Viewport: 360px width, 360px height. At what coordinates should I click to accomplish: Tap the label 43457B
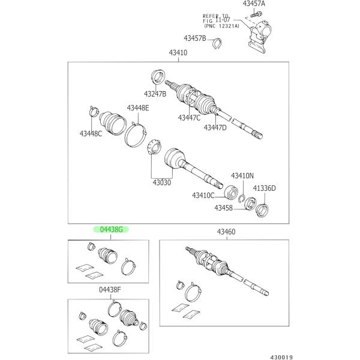point(195,38)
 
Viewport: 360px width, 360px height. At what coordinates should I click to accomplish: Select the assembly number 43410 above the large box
point(178,53)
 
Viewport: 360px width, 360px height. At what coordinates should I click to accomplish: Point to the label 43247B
point(155,94)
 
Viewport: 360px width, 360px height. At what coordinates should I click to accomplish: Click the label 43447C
point(189,118)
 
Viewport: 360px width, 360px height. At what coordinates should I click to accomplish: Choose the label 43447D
point(215,127)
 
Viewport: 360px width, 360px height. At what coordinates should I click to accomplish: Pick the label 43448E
point(137,108)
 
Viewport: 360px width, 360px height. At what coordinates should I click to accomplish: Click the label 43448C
point(91,133)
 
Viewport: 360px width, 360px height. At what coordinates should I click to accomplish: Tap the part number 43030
point(161,182)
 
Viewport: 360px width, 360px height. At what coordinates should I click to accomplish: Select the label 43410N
point(242,176)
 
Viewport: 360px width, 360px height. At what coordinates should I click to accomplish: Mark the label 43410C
point(204,196)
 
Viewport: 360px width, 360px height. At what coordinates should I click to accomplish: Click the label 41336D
point(264,188)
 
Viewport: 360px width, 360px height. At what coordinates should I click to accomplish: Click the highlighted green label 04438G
point(111,230)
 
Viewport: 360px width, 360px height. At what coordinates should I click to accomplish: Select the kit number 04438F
point(110,290)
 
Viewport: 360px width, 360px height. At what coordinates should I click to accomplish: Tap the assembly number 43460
point(226,232)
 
